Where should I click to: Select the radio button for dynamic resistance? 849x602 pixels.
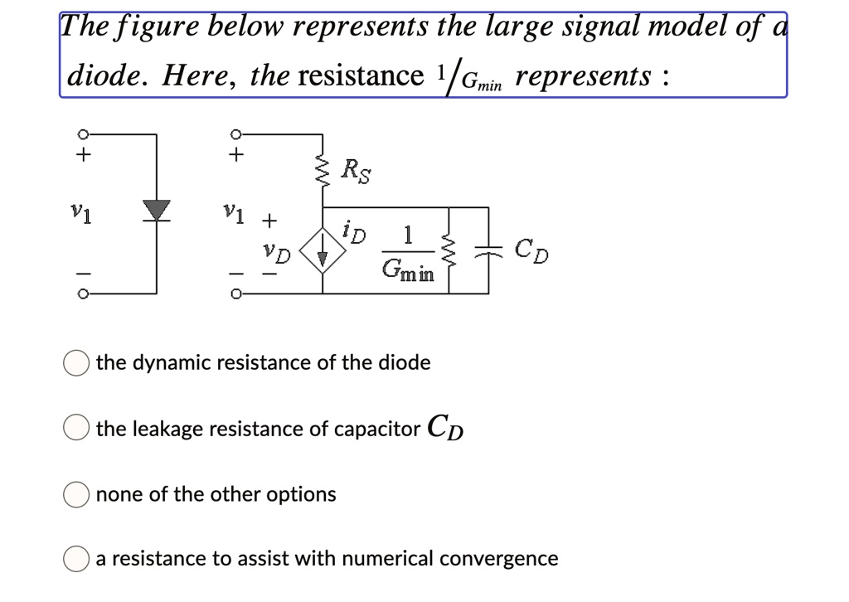pos(77,363)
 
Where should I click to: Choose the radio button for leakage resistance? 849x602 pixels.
pos(77,429)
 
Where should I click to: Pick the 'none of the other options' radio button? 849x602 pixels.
pos(77,495)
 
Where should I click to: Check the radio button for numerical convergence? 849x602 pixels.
pos(77,559)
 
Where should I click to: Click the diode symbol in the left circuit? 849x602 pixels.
pos(156,209)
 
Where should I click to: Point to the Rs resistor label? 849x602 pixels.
pos(357,172)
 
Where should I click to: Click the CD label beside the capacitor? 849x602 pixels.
pos(531,249)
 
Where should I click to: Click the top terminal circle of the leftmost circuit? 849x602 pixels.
pos(81,134)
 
